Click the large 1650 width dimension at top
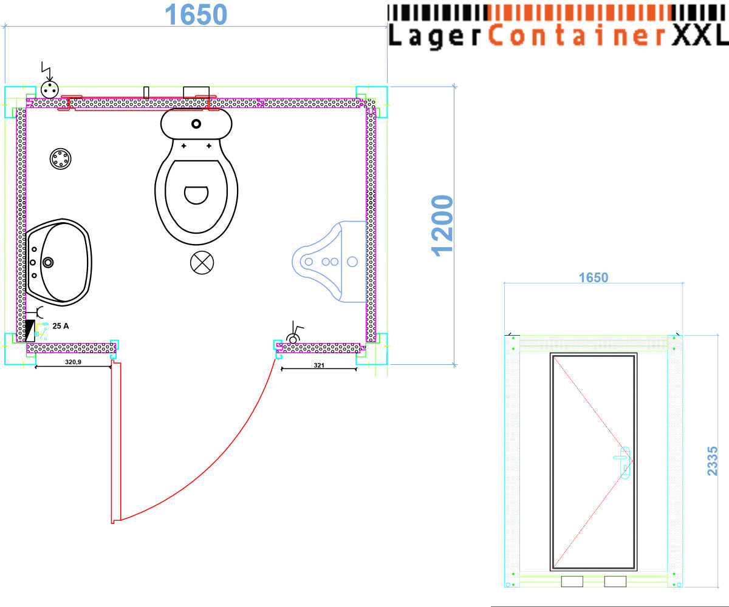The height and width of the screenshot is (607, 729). [x=196, y=15]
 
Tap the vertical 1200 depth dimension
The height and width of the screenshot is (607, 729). [x=442, y=226]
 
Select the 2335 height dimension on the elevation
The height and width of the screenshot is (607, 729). [x=712, y=461]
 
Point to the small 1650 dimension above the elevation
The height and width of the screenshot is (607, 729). [x=594, y=277]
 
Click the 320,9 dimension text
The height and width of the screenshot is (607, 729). [x=73, y=362]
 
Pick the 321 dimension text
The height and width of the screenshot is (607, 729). [x=319, y=365]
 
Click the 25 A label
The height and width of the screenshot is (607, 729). [x=61, y=326]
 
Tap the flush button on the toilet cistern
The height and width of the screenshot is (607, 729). [x=196, y=124]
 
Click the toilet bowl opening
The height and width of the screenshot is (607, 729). [x=196, y=195]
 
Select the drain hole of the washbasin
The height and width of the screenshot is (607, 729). [x=48, y=262]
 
